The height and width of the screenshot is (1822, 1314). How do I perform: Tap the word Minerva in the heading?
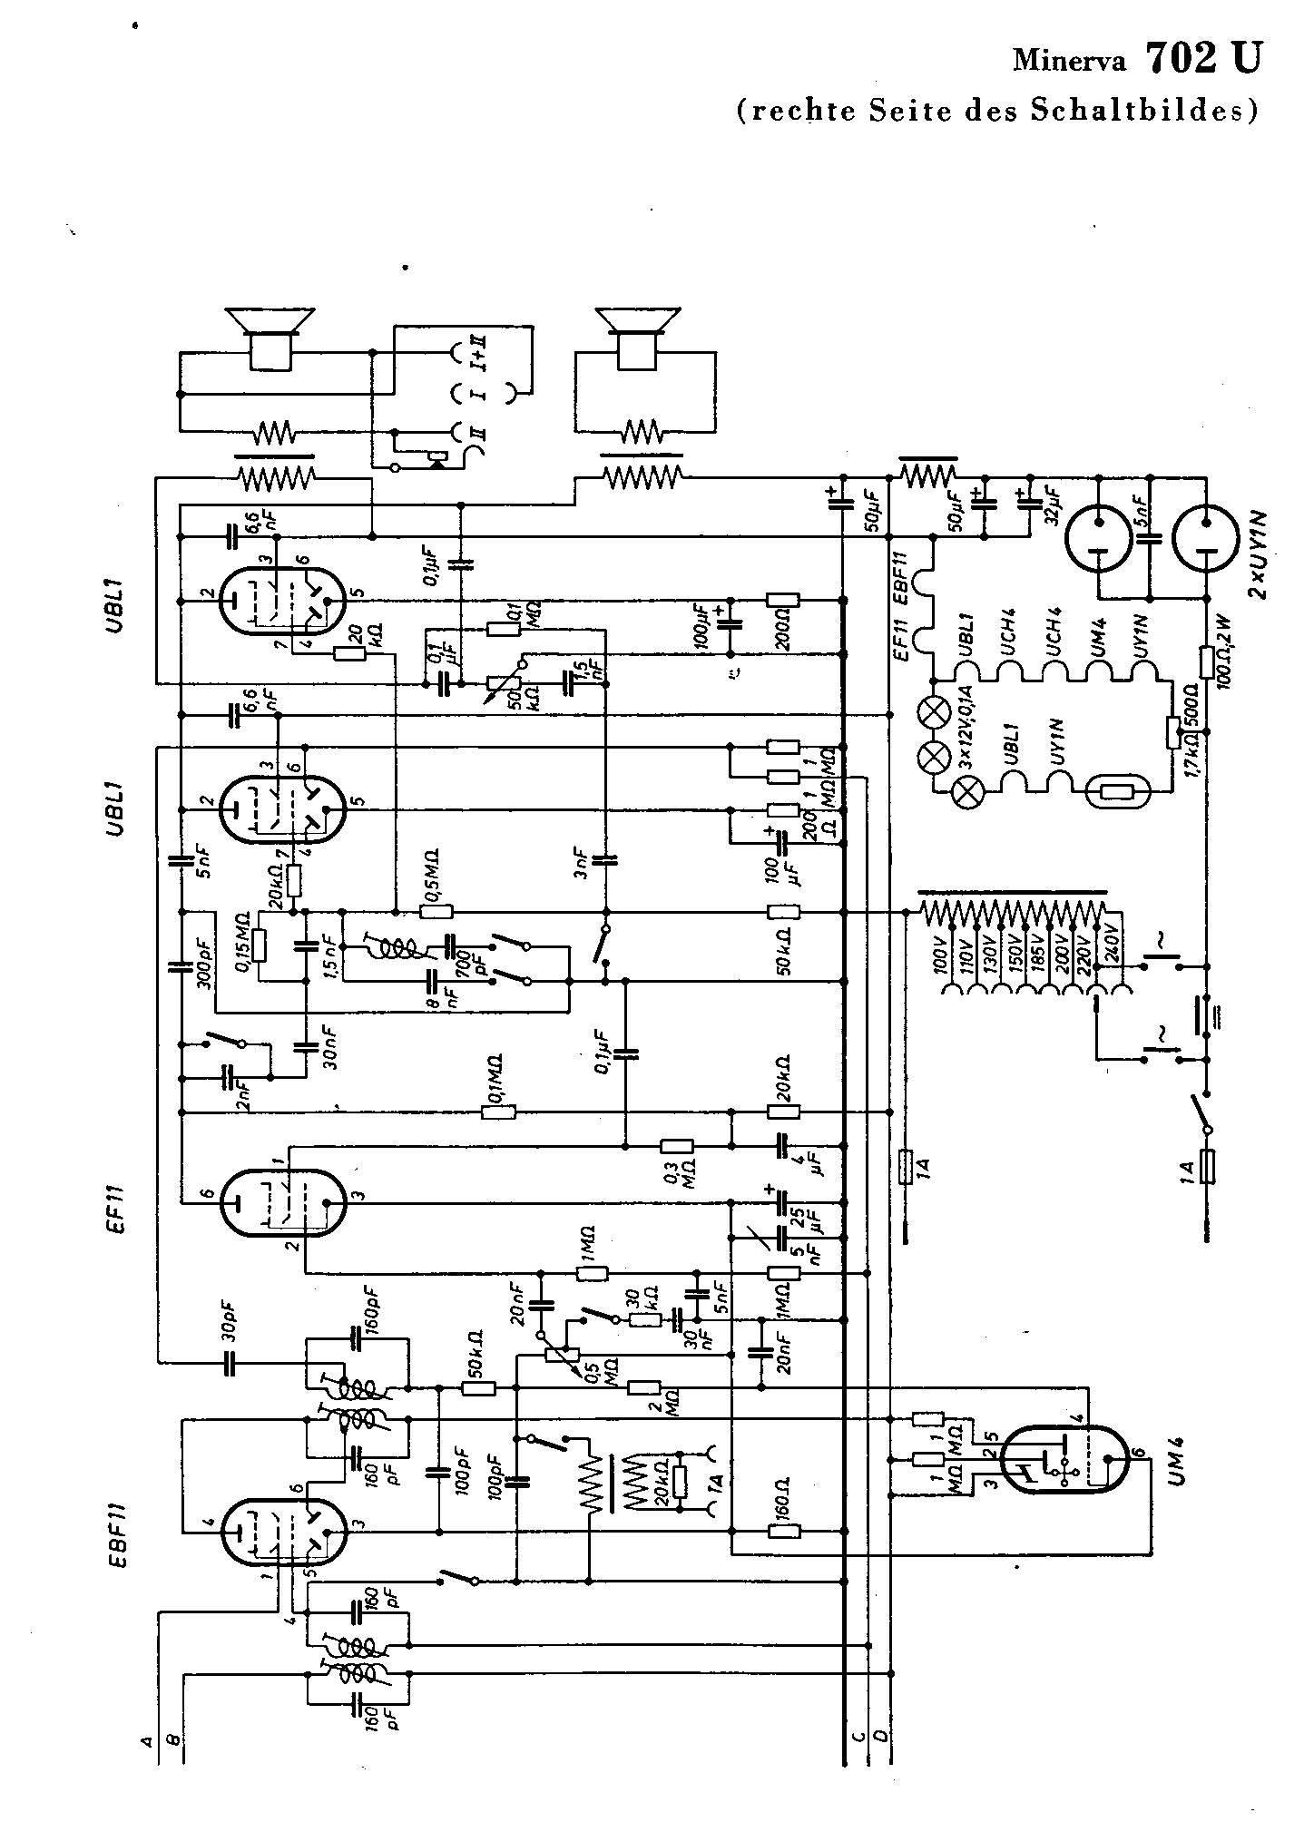point(1069,62)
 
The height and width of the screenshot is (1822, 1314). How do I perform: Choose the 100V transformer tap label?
point(941,953)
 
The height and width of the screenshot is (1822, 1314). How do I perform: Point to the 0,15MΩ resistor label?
point(243,949)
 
